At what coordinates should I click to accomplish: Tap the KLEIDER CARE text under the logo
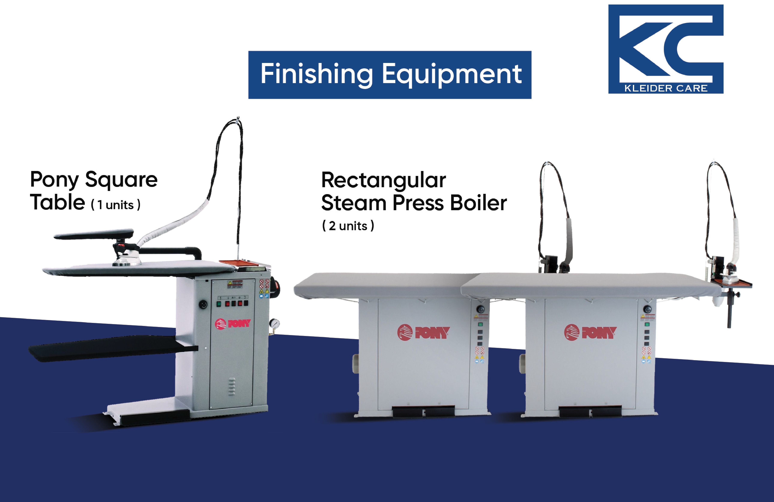666,88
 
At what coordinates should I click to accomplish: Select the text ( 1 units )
116,205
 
